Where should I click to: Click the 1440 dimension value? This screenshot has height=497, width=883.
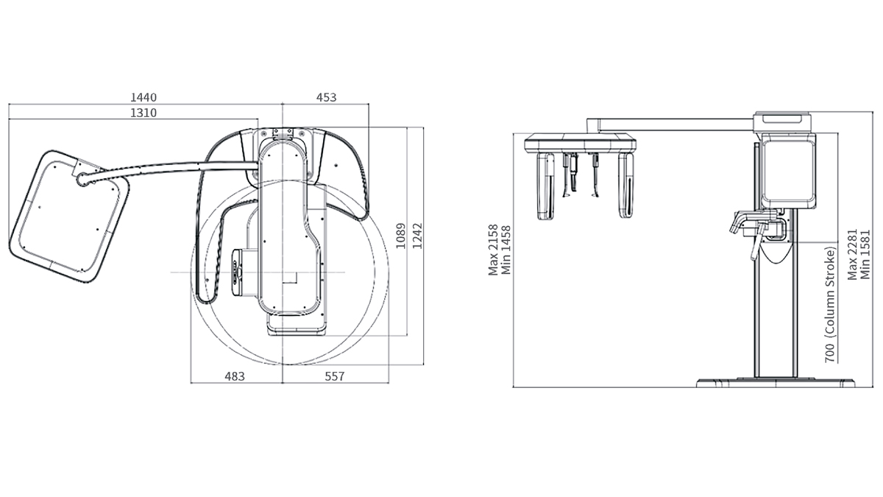pyautogui.click(x=143, y=97)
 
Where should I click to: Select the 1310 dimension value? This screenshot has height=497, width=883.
pyautogui.click(x=143, y=113)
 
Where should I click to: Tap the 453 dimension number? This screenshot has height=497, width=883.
pyautogui.click(x=327, y=97)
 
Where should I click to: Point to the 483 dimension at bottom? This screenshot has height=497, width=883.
pyautogui.click(x=235, y=376)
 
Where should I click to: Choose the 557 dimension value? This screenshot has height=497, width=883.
pyautogui.click(x=335, y=376)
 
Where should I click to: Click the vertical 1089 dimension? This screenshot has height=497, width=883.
pyautogui.click(x=400, y=236)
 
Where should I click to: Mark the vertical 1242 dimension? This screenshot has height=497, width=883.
pyautogui.click(x=417, y=236)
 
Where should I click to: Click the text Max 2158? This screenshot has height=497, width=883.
pyautogui.click(x=493, y=250)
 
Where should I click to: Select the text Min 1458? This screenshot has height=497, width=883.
pyautogui.click(x=506, y=250)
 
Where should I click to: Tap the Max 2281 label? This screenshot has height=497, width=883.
pyautogui.click(x=853, y=255)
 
